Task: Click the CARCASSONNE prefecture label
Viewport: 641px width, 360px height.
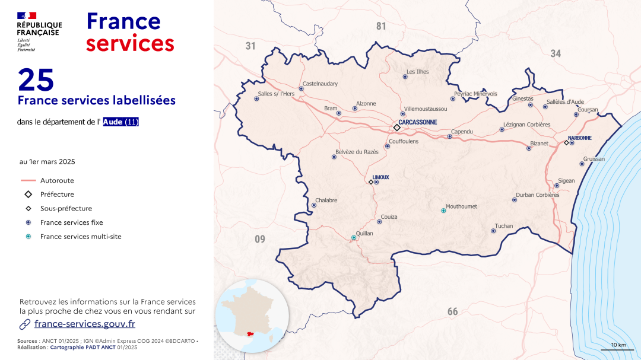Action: [418, 122]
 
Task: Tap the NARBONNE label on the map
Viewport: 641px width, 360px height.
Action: [580, 138]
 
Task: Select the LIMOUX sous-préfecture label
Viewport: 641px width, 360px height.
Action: [380, 177]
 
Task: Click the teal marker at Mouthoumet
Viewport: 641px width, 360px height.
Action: [443, 211]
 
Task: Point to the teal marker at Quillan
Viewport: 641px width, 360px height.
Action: [354, 237]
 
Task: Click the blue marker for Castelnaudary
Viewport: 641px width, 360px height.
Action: [301, 88]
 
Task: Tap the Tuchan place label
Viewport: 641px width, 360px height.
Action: [504, 226]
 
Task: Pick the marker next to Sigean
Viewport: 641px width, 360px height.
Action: [557, 186]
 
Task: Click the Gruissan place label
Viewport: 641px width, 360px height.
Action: [594, 159]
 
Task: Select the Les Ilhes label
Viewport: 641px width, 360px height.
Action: [417, 72]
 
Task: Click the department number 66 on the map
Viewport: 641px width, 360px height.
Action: [452, 311]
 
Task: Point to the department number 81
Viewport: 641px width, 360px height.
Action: [381, 26]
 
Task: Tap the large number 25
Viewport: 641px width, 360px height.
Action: [36, 79]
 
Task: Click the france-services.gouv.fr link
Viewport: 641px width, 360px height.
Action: [85, 324]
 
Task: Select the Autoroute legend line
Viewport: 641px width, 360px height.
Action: [28, 180]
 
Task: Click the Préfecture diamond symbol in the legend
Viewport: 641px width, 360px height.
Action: [28, 195]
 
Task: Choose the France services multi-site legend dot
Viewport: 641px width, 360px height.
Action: [28, 237]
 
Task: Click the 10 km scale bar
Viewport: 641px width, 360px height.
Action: [617, 349]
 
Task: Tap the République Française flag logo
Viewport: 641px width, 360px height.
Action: [27, 15]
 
